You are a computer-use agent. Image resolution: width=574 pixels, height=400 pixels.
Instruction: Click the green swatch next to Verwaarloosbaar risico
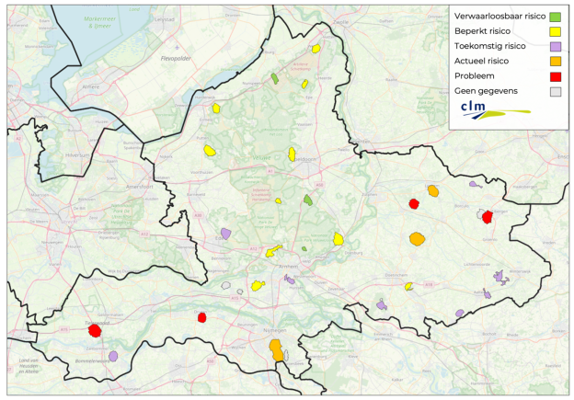coord(555,17)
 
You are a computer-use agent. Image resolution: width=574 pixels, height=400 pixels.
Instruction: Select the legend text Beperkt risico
coord(483,31)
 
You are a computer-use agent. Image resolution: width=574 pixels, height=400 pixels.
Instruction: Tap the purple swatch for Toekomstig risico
coord(555,47)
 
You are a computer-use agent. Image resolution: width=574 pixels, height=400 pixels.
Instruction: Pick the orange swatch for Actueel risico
coord(555,62)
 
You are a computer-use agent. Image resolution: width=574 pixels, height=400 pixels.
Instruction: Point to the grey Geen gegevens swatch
coord(555,91)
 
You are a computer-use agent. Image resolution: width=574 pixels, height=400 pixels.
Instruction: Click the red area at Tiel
coord(94,330)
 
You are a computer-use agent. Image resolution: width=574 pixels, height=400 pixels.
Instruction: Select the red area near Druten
coord(201,318)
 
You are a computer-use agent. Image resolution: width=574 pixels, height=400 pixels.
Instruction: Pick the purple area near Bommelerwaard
coord(113,356)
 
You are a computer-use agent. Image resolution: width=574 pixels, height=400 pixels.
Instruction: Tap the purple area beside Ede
coord(225,234)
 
